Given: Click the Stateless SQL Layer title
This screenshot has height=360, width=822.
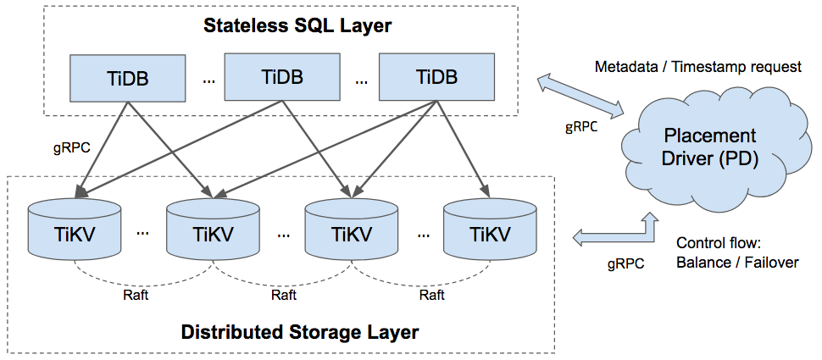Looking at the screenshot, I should pos(297,25).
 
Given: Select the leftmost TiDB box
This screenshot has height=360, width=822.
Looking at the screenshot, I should pos(127,77).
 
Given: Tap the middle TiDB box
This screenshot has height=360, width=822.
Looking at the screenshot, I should pos(282,77).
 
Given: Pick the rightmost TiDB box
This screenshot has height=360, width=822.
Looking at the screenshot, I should pos(436,77).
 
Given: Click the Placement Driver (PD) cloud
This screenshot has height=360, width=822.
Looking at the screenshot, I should pos(711,147).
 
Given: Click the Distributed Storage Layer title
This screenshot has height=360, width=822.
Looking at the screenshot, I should pos(300,331).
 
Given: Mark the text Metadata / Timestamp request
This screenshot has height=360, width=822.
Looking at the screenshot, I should pos(698,67).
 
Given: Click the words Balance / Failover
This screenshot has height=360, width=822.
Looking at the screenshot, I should pos(737,262).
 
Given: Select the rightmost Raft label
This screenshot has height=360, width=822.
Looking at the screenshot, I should pos(431,296).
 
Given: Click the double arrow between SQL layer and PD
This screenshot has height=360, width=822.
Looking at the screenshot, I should pos(581,94).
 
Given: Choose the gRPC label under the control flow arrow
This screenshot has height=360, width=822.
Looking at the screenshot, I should pos(625,263).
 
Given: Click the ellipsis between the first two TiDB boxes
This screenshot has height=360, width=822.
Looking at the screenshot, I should pos(209,81).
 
